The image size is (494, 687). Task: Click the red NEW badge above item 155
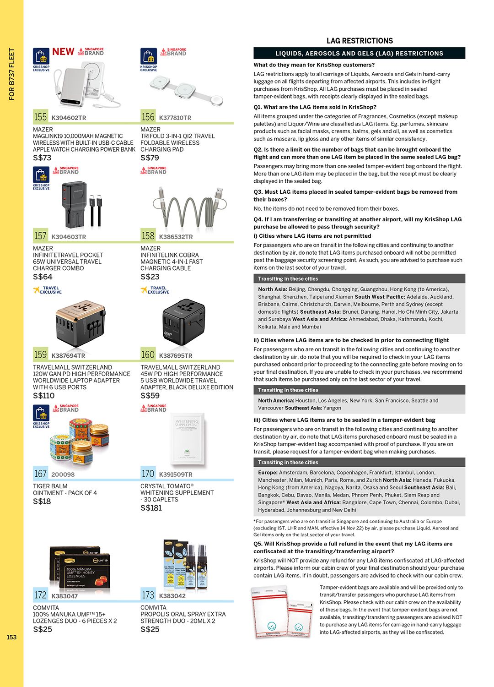click(x=63, y=52)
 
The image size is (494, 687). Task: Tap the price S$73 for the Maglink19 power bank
click(x=42, y=158)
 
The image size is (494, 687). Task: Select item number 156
click(x=148, y=117)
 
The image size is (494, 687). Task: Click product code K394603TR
click(x=69, y=237)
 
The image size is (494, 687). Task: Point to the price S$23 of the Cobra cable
click(x=150, y=277)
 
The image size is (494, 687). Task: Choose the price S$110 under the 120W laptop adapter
click(x=44, y=396)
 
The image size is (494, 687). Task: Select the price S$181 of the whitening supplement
click(x=151, y=508)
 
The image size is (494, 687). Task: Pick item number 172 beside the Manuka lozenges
click(x=40, y=595)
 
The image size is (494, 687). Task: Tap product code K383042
click(x=172, y=596)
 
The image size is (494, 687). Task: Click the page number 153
click(x=11, y=637)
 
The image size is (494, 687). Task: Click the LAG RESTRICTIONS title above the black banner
click(x=360, y=41)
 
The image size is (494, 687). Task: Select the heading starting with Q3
click(x=355, y=196)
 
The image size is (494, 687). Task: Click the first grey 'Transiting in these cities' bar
click(x=359, y=278)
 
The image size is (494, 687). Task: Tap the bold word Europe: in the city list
click(x=268, y=473)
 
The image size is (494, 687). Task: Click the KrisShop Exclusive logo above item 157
click(x=41, y=178)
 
